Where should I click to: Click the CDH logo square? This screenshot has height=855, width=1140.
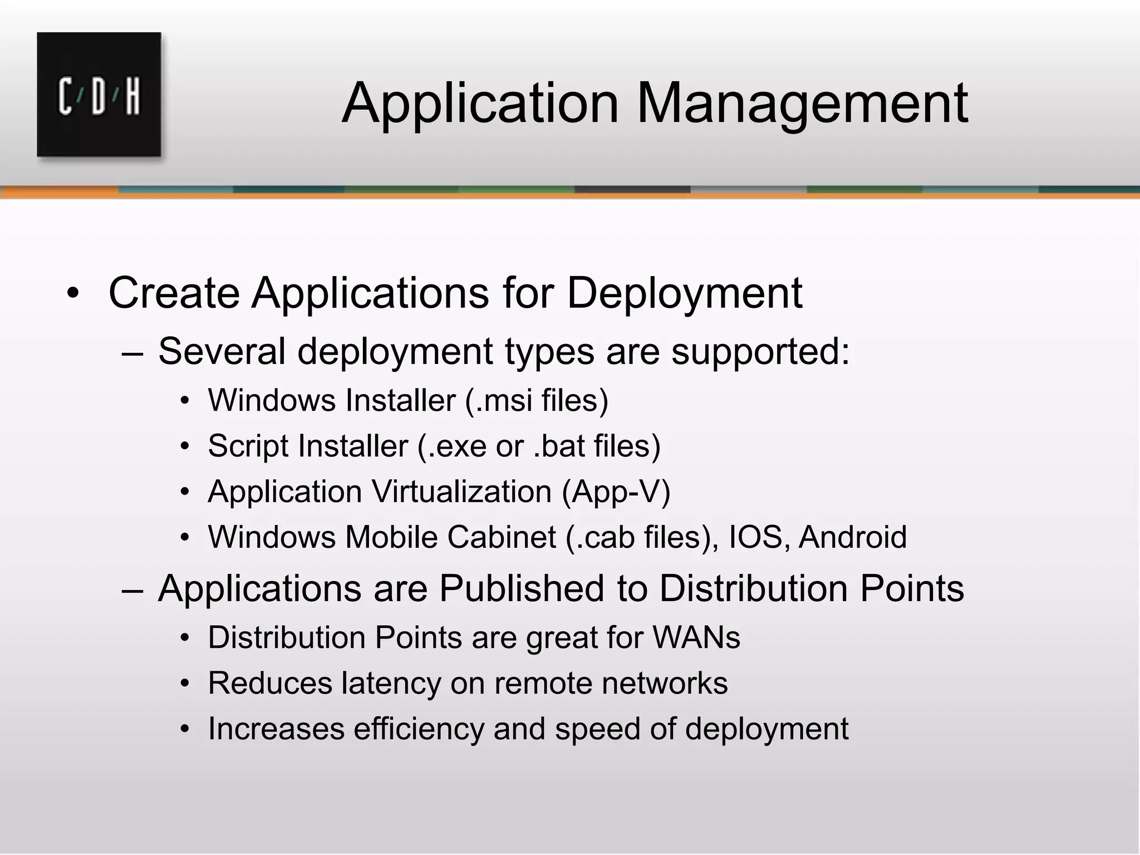pyautogui.click(x=99, y=95)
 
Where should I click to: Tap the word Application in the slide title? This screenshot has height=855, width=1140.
pyautogui.click(x=480, y=104)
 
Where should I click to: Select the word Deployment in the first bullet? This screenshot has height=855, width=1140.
pyautogui.click(x=684, y=293)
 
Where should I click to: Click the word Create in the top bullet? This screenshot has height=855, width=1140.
pyautogui.click(x=174, y=293)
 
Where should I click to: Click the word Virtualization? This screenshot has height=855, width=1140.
pyautogui.click(x=461, y=492)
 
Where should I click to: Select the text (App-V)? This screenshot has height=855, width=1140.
pyautogui.click(x=616, y=492)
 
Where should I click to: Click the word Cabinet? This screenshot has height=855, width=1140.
pyautogui.click(x=501, y=537)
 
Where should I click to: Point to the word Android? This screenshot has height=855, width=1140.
pyautogui.click(x=852, y=537)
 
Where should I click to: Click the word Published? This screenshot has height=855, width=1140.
pyautogui.click(x=521, y=588)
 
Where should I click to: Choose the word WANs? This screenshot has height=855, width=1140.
pyautogui.click(x=696, y=637)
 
